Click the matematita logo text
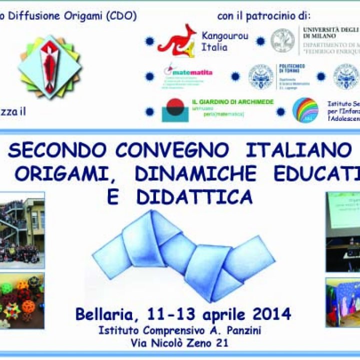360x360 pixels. [189, 72]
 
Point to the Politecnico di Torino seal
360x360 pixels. [261, 76]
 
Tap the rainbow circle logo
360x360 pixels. [305, 109]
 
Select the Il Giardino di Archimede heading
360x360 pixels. [233, 102]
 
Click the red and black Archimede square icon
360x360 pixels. [175, 110]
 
